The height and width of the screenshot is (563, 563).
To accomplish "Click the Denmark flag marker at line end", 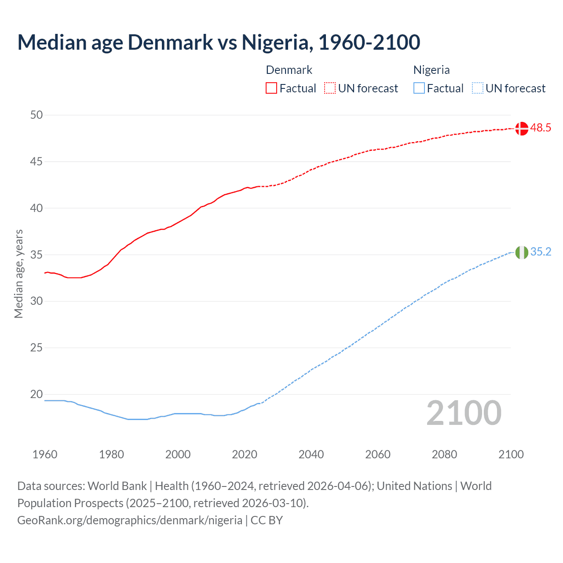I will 521,128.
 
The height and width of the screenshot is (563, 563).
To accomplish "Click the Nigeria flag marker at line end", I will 521,252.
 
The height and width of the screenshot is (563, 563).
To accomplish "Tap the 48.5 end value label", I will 541,128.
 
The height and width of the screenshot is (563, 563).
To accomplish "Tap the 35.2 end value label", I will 541,252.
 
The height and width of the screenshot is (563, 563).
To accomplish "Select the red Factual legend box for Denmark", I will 271,88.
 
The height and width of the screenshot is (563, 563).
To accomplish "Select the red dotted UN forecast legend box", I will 330,88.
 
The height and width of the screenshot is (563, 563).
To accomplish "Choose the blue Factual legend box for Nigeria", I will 419,88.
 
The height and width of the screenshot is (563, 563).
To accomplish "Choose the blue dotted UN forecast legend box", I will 477,88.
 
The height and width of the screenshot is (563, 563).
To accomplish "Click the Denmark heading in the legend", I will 289,70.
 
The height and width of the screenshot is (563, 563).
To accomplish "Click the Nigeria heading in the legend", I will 431,70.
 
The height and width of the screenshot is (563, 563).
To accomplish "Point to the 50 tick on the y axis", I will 37,115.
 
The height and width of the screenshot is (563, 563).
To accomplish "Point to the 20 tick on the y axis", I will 37,395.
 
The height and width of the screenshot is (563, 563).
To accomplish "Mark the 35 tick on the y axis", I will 37,255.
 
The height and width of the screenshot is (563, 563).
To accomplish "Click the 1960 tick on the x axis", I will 45,454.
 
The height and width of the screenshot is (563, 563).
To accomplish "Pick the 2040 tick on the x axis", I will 311,454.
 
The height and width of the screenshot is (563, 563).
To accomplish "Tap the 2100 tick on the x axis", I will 511,454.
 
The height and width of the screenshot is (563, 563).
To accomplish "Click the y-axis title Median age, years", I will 18,274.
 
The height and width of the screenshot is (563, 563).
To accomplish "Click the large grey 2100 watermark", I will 464,413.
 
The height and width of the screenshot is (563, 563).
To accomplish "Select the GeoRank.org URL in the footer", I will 130,520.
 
